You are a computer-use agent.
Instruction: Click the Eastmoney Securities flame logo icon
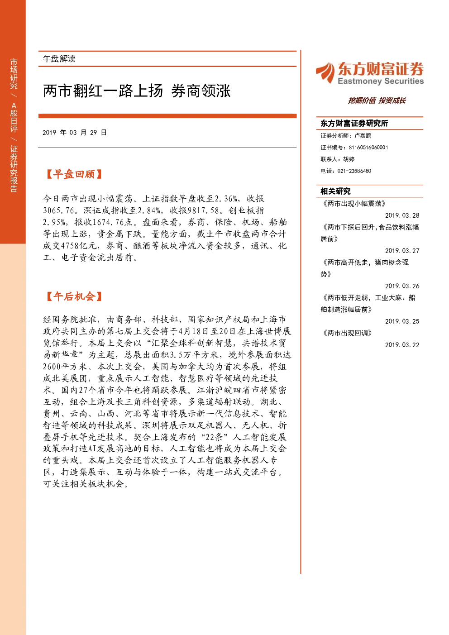tap(325, 72)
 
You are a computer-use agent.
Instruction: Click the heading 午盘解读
tap(59, 59)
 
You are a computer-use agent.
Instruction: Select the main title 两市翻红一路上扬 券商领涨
tap(137, 91)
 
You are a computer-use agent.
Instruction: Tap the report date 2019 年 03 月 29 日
tap(75, 133)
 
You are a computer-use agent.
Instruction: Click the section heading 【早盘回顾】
tap(74, 174)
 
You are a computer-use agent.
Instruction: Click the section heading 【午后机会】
tap(74, 296)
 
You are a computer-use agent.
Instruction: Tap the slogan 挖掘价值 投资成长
tap(377, 100)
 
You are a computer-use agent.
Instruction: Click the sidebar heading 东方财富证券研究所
tap(354, 123)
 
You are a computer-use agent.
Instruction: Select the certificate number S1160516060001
tap(368, 148)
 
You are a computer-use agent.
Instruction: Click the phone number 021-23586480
tap(354, 171)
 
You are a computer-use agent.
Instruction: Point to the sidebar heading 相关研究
tap(335, 191)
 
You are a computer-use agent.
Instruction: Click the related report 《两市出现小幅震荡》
tap(354, 204)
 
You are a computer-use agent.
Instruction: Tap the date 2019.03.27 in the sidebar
tap(402, 251)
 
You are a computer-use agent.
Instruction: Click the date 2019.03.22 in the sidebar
tap(402, 345)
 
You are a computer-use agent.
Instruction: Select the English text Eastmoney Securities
tap(381, 81)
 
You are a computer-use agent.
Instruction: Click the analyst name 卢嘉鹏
tap(363, 136)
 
